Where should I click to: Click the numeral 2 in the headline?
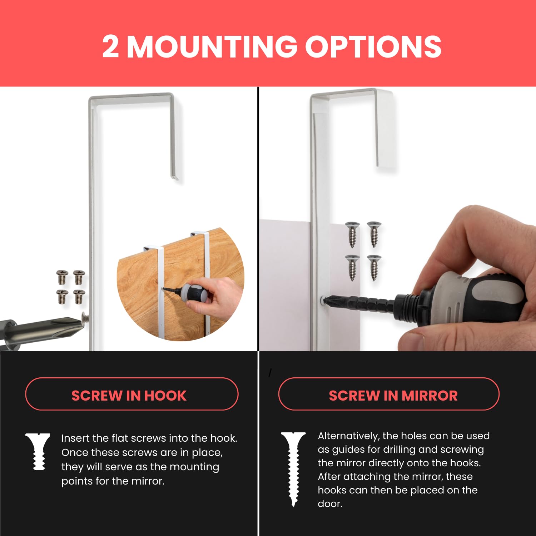click(110, 46)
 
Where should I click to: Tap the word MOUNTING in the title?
click(212, 46)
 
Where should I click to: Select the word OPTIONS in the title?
click(373, 46)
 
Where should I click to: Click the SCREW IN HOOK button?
click(131, 394)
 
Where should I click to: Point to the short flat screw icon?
click(38, 451)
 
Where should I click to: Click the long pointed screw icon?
click(293, 469)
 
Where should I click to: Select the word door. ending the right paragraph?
click(330, 503)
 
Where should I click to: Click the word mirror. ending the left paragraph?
click(148, 481)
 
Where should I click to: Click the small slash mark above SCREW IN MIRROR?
click(270, 373)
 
